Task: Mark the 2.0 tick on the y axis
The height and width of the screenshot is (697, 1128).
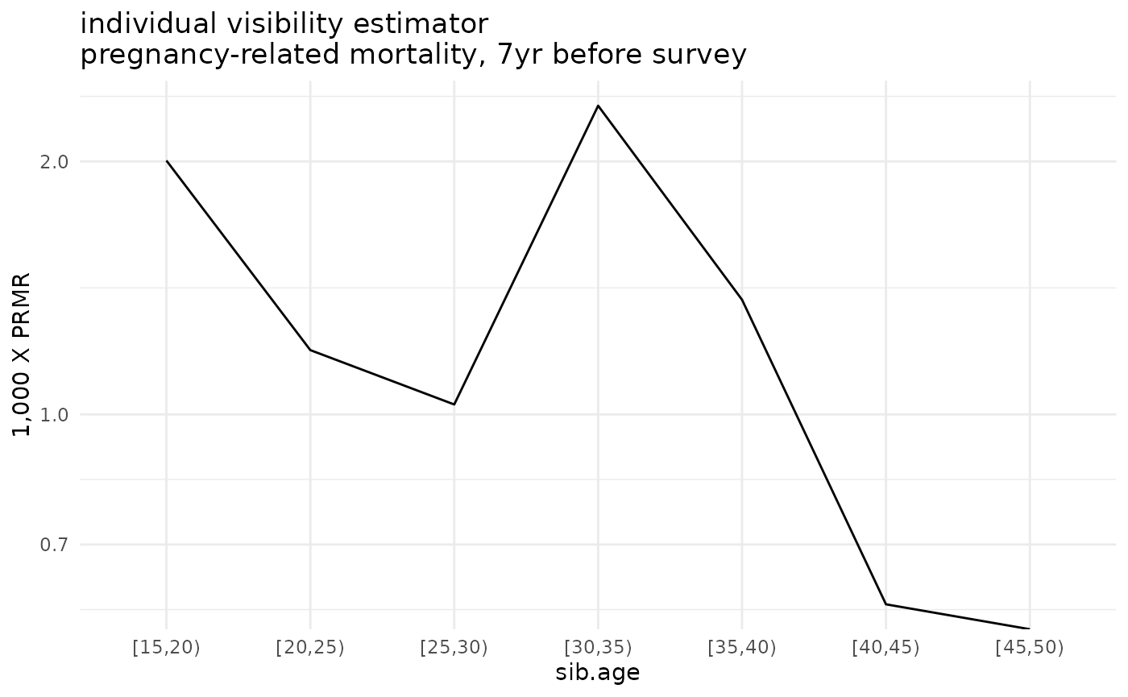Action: click(54, 162)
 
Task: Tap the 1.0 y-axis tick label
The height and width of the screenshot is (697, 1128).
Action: click(54, 415)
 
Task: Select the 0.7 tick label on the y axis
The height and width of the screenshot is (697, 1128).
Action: click(54, 546)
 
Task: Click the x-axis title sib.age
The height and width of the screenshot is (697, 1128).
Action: click(597, 673)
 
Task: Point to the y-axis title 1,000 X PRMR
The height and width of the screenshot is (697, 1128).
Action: click(23, 355)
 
